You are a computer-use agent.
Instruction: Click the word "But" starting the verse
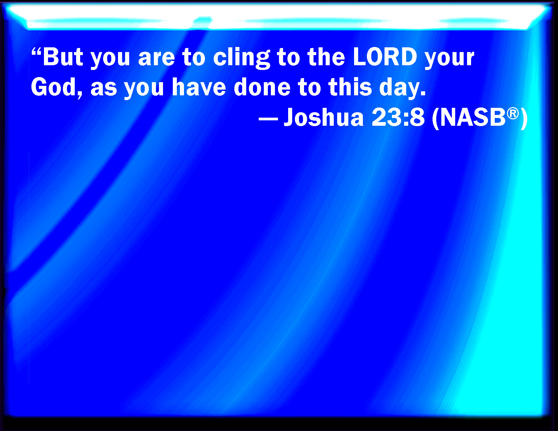coord(63,57)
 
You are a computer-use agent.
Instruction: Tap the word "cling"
coord(241,58)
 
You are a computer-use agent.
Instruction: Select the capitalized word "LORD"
coord(385,57)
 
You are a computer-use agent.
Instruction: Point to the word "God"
coord(54,87)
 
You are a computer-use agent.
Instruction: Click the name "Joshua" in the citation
coord(324,117)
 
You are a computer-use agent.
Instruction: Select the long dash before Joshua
coord(268,119)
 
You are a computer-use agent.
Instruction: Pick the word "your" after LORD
coord(449,59)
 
